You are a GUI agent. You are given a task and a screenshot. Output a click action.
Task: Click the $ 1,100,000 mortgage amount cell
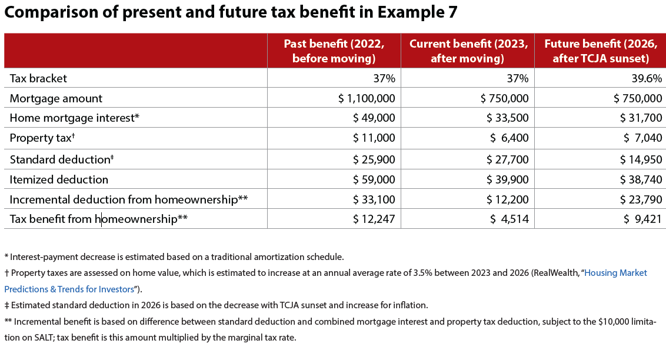(x=367, y=98)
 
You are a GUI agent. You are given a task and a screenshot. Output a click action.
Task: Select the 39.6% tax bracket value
(x=646, y=78)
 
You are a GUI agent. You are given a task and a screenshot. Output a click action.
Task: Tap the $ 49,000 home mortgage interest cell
(x=374, y=118)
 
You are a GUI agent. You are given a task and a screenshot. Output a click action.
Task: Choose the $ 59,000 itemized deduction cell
(x=374, y=179)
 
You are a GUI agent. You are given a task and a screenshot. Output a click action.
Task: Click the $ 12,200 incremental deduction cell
(x=508, y=199)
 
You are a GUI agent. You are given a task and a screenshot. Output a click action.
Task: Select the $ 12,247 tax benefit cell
(x=374, y=219)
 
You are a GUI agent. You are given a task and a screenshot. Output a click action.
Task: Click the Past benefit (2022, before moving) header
(x=334, y=51)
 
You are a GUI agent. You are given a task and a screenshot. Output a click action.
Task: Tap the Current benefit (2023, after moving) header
(x=468, y=51)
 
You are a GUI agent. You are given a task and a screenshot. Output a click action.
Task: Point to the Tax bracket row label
(x=38, y=78)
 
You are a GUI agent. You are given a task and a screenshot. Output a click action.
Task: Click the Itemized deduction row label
(x=59, y=179)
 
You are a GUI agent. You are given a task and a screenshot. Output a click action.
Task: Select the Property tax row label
(x=42, y=138)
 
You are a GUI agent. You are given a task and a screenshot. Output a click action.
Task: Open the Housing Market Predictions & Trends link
(x=615, y=273)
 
